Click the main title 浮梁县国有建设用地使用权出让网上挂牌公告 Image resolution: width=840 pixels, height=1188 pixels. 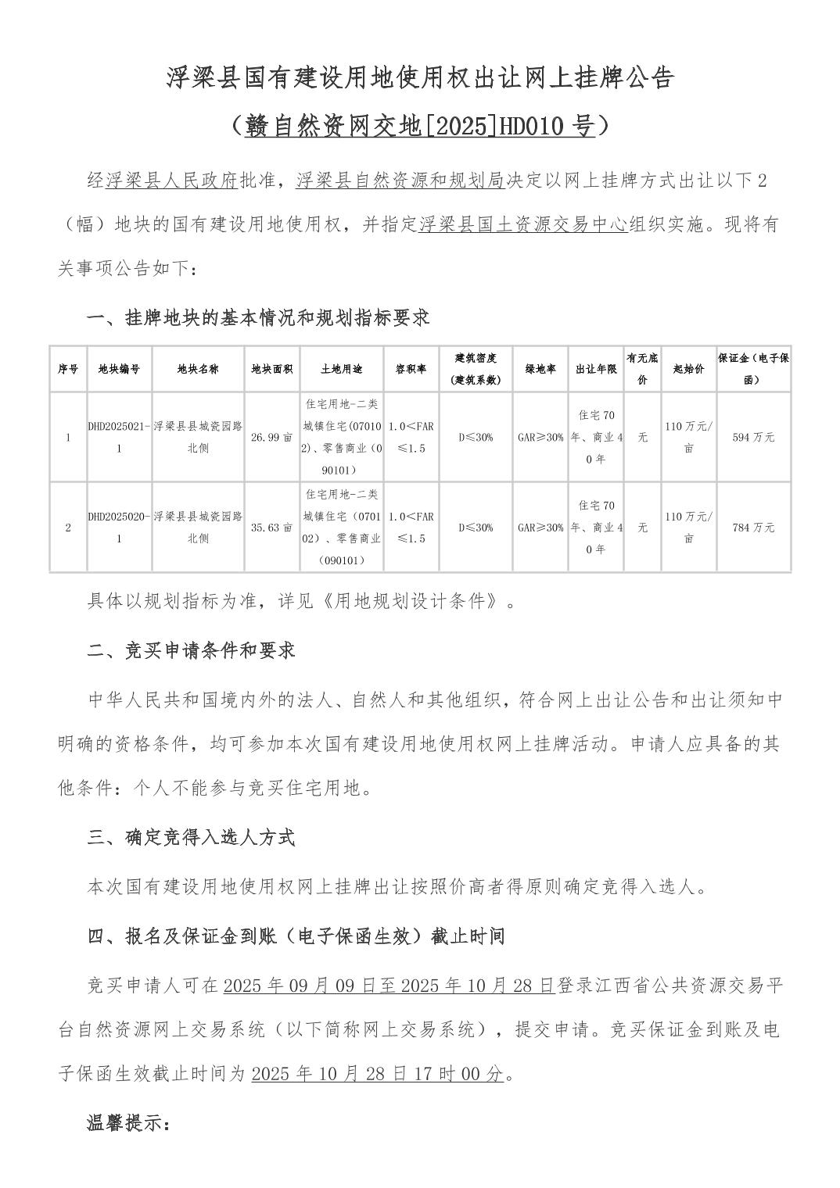tap(419, 78)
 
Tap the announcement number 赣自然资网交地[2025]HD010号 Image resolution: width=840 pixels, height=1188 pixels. tap(419, 125)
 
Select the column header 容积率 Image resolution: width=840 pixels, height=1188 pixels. tap(411, 369)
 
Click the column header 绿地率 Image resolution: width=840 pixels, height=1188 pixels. tap(540, 369)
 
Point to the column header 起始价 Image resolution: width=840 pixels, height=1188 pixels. tap(688, 369)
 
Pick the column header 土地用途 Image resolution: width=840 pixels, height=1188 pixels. tap(341, 369)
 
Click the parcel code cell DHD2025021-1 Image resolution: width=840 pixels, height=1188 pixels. tap(119, 438)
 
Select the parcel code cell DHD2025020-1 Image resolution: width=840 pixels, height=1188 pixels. tap(119, 528)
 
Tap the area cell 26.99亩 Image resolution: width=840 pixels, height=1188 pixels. tap(271, 438)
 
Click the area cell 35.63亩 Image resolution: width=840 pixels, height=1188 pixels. tap(271, 528)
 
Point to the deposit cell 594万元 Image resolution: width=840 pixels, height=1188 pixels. tap(753, 438)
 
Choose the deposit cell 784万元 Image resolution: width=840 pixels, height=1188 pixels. tap(753, 528)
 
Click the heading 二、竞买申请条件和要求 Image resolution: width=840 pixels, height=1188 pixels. tap(191, 650)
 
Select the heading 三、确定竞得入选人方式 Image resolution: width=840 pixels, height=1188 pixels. tap(191, 838)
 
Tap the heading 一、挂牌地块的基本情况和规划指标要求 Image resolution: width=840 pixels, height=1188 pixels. tap(258, 318)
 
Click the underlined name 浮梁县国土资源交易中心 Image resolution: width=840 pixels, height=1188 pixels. tap(523, 226)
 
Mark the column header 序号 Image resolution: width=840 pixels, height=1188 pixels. tap(68, 369)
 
